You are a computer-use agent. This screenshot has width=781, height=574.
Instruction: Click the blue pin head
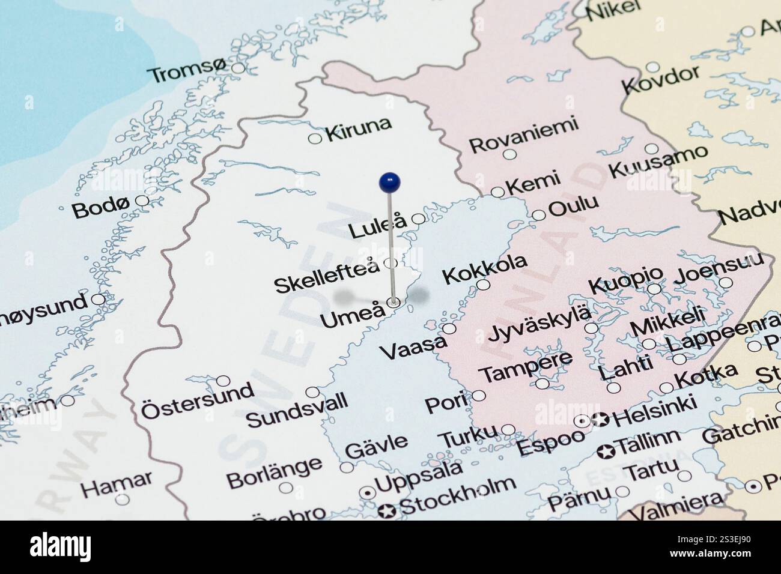390,181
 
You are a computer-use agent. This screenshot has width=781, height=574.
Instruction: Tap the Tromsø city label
188,74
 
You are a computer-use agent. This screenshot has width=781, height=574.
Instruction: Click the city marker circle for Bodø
142,201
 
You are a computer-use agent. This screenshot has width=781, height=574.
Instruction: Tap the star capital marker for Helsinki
599,420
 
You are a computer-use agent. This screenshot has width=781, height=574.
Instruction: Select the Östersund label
197,402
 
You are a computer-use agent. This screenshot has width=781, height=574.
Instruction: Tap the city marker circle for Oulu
539,215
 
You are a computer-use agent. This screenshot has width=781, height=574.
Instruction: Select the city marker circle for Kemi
497,192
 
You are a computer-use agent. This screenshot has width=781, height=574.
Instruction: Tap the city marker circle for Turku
508,429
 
